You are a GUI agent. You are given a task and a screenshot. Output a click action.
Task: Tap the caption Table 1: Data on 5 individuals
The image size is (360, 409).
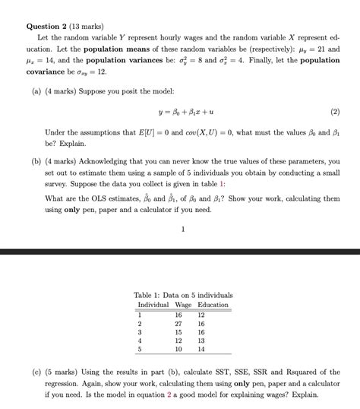182,295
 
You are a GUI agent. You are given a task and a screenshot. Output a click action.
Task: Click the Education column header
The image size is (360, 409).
213,305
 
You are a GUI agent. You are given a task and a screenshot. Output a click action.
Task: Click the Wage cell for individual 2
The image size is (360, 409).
179,323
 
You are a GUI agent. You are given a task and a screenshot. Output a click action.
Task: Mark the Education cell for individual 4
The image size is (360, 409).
201,341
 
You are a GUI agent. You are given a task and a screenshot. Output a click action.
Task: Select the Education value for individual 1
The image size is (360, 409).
201,315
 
